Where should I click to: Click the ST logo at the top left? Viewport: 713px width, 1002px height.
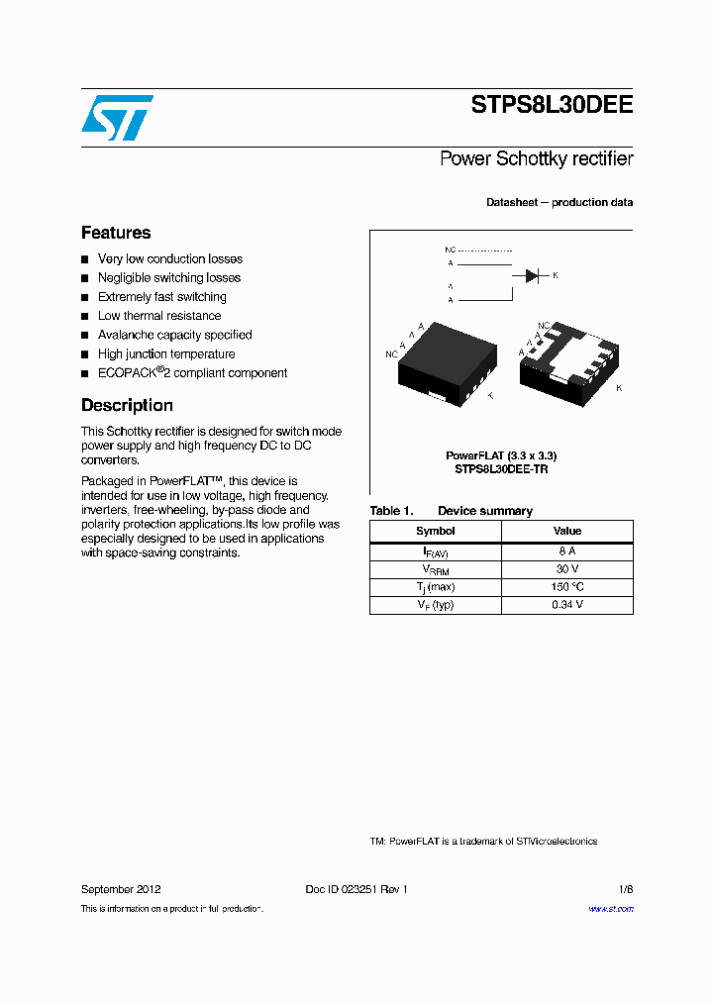pos(117,117)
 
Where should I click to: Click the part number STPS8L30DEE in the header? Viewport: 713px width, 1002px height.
pos(552,106)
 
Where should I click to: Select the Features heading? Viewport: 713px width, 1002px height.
pos(116,233)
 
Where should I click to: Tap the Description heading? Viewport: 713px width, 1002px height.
pos(127,405)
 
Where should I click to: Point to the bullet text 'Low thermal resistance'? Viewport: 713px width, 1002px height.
pos(159,316)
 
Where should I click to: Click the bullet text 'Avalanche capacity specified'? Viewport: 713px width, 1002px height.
pos(174,335)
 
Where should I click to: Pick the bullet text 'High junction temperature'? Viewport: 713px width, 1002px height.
pos(166,353)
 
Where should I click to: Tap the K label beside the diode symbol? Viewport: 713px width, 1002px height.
pos(556,274)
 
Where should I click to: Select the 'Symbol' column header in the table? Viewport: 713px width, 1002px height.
pos(436,531)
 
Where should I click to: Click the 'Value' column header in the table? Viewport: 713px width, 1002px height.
pos(567,531)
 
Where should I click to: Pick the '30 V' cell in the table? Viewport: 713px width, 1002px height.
pos(567,568)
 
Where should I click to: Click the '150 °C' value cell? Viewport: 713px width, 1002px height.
pos(567,586)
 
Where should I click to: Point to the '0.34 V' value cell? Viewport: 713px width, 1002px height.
pos(567,604)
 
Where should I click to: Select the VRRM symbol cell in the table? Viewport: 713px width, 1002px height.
pos(436,569)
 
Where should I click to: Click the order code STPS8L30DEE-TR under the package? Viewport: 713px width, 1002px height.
pos(501,469)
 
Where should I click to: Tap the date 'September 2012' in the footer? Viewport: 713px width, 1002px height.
pos(121,889)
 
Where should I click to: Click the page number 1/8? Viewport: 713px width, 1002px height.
pos(625,889)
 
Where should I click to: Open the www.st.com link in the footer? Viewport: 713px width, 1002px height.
pos(611,909)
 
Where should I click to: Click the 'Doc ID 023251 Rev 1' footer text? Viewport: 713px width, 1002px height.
pos(356,889)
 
